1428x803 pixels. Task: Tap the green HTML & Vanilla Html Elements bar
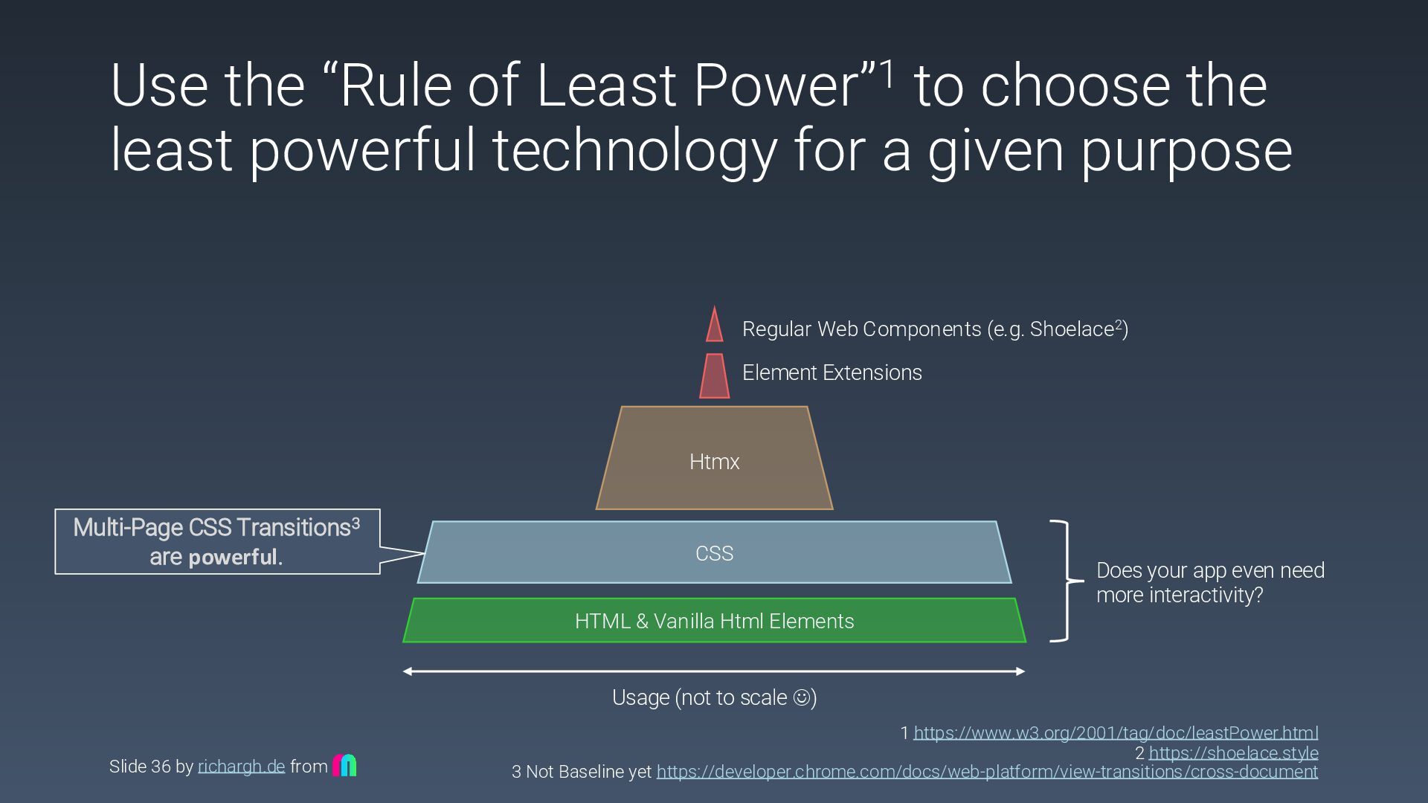pyautogui.click(x=714, y=621)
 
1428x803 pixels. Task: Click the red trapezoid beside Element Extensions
pyautogui.click(x=714, y=376)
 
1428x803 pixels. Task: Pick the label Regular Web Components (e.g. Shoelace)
pyautogui.click(x=935, y=329)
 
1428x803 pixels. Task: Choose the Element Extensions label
pyautogui.click(x=832, y=373)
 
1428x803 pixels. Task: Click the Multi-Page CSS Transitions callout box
pyautogui.click(x=217, y=541)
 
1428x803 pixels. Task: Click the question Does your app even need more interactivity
pyautogui.click(x=1210, y=582)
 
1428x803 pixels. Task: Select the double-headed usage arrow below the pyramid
pyautogui.click(x=714, y=671)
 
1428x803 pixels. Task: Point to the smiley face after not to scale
pyautogui.click(x=802, y=697)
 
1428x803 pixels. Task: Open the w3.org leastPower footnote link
pyautogui.click(x=1116, y=733)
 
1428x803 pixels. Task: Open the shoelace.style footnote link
pyautogui.click(x=1233, y=753)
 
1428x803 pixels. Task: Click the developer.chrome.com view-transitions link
pyautogui.click(x=987, y=772)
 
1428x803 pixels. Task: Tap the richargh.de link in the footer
pyautogui.click(x=241, y=767)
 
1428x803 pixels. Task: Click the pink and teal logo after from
pyautogui.click(x=344, y=765)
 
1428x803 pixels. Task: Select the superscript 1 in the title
pyautogui.click(x=887, y=74)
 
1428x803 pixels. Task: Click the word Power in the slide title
pyautogui.click(x=776, y=86)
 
